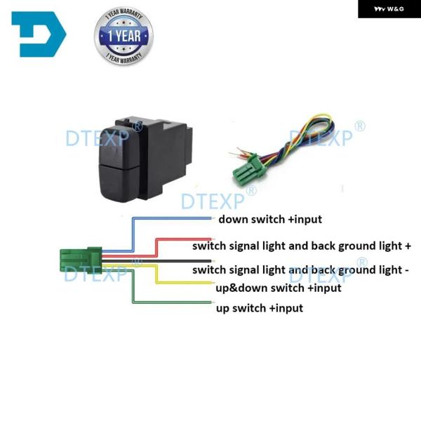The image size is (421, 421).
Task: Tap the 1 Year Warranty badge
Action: point(123,36)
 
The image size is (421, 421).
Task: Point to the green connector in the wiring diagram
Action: point(80,259)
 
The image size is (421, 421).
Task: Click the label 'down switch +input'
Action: point(270,220)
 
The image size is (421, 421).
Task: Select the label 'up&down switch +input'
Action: point(278,288)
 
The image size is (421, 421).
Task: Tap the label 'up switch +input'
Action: point(260,308)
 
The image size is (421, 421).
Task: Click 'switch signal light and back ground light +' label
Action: point(302,246)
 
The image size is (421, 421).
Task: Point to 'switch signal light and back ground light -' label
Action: point(300,270)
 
